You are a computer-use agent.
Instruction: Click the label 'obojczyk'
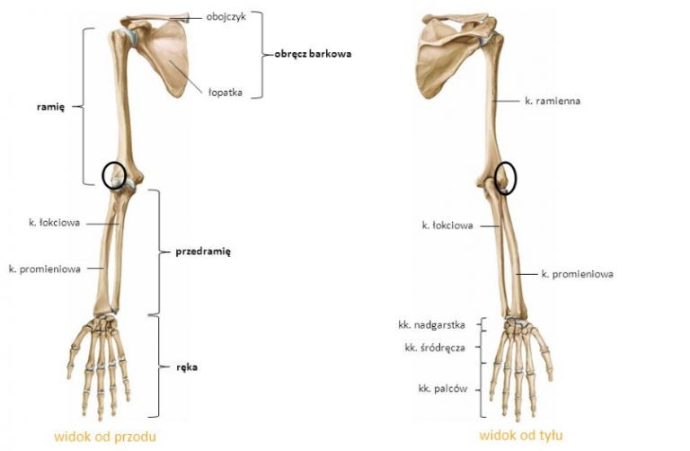click(226, 18)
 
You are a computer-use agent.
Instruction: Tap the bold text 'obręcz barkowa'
click(313, 54)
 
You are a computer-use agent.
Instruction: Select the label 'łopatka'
click(226, 93)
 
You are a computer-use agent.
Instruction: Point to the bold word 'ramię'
click(50, 107)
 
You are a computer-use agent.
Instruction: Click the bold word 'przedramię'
click(203, 252)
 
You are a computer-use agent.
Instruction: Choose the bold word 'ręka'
click(187, 367)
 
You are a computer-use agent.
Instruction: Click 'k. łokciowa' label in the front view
click(55, 223)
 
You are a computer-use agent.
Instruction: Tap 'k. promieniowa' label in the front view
click(45, 269)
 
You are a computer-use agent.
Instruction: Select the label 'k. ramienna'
click(553, 101)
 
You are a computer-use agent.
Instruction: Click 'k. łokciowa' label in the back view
click(447, 225)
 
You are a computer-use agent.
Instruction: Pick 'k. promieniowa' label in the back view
click(578, 274)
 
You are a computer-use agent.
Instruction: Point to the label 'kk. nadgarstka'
click(431, 325)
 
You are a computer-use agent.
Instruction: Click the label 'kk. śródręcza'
click(435, 348)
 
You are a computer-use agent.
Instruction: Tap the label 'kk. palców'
click(443, 389)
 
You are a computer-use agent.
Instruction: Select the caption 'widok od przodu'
click(105, 437)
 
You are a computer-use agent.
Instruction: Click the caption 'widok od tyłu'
click(521, 436)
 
